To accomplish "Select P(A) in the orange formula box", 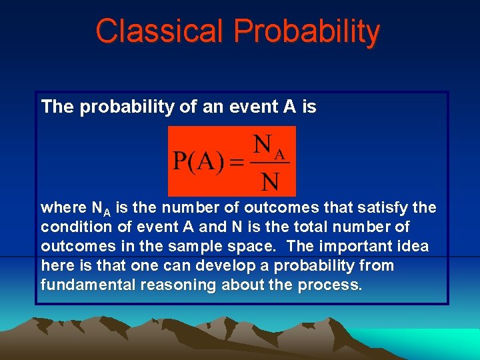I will point(197,163).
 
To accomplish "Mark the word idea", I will point(413,247).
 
